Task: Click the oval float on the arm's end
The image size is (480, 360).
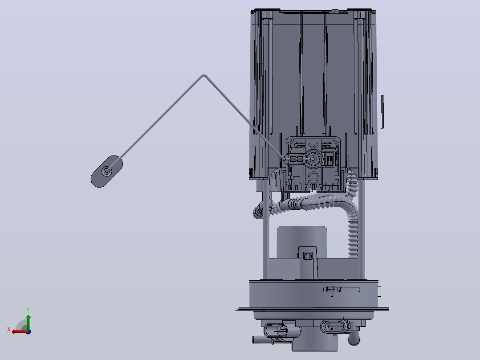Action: (106, 171)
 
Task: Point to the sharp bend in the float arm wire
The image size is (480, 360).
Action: (203, 75)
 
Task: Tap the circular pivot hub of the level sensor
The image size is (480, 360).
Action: (313, 159)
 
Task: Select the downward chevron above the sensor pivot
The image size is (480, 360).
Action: (313, 145)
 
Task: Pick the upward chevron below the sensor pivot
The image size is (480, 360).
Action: (313, 174)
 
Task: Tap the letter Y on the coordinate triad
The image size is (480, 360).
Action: (28, 310)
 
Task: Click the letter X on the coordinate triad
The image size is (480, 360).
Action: (9, 329)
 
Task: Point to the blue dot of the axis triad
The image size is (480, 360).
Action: (28, 332)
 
